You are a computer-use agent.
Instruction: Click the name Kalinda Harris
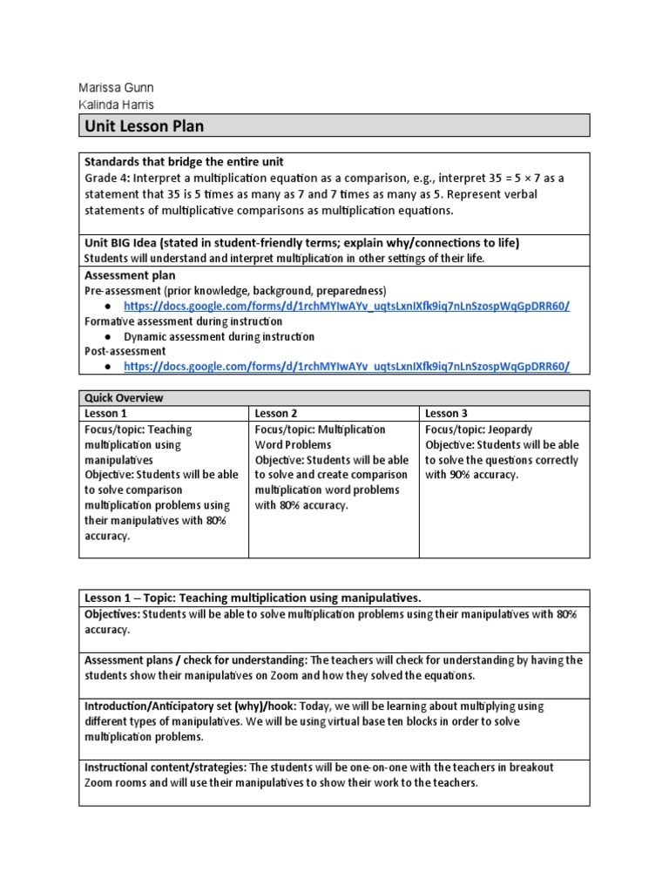point(117,105)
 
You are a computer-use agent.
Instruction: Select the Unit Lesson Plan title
point(144,126)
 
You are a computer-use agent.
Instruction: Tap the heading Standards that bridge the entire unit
point(183,162)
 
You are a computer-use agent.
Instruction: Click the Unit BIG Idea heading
point(301,242)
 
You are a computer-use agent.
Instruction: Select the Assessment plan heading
point(130,274)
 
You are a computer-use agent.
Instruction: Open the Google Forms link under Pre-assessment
point(347,306)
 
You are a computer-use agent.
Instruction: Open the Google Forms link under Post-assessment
point(347,367)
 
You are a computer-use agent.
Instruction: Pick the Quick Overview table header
point(124,398)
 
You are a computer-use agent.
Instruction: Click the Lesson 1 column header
point(105,414)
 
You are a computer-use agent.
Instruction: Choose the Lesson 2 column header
point(276,414)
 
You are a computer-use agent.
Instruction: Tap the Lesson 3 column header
point(447,414)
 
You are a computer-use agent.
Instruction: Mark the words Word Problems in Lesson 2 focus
point(294,444)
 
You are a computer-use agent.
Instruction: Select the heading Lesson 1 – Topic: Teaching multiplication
point(253,598)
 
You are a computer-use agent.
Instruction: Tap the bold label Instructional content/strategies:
point(166,767)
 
